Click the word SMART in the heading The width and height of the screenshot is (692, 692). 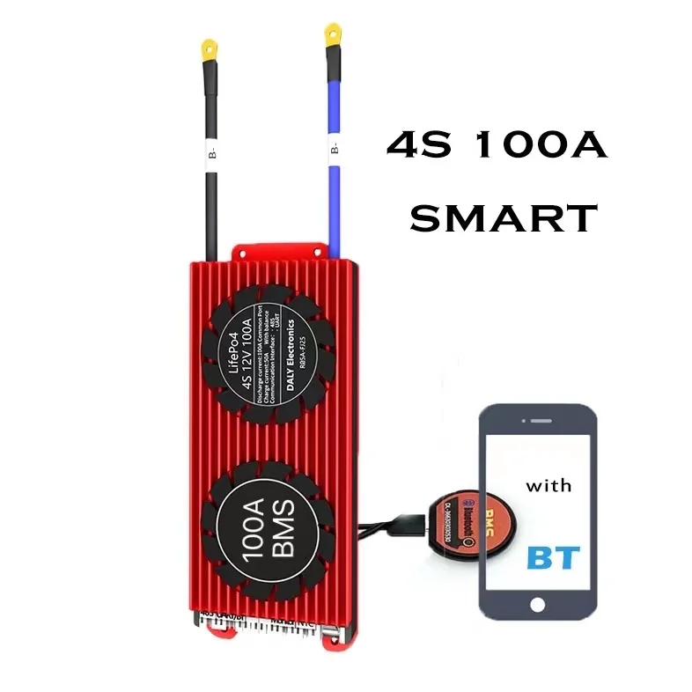[504, 216]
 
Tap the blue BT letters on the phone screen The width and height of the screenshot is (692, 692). [553, 556]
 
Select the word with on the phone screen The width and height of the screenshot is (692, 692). [548, 485]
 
